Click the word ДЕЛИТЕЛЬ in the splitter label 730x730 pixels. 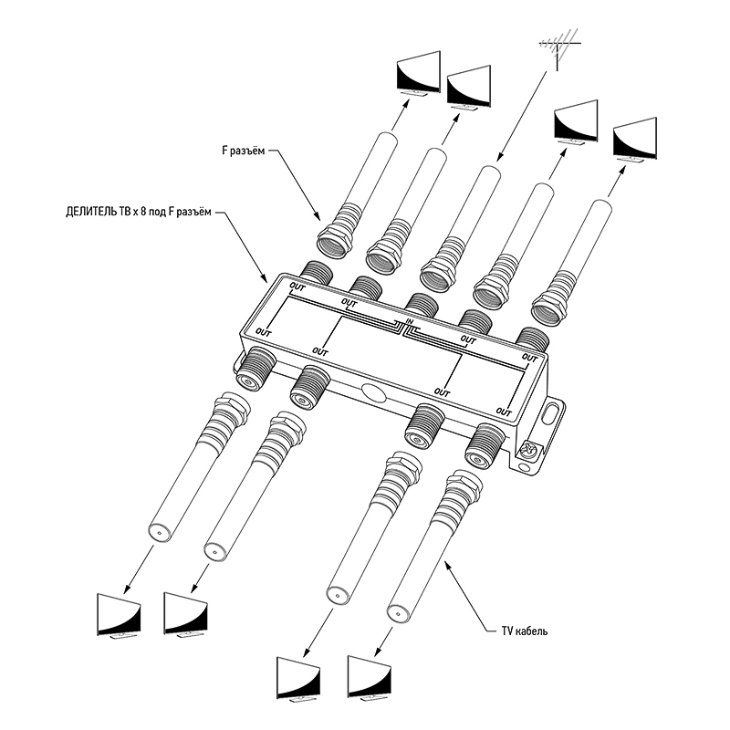[x=91, y=213]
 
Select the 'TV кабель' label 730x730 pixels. [x=525, y=631]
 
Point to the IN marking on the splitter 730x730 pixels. [x=410, y=321]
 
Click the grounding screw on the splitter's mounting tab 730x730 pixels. [x=528, y=450]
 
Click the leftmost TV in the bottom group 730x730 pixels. [x=120, y=615]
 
